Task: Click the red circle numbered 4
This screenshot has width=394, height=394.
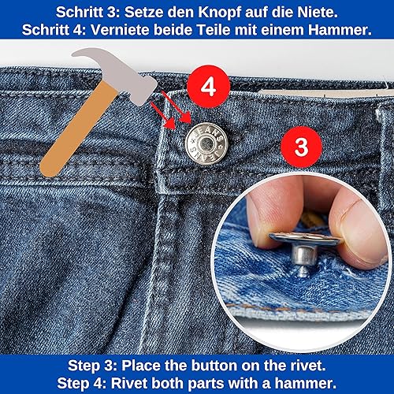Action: click(208, 87)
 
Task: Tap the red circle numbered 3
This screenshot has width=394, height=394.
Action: click(301, 147)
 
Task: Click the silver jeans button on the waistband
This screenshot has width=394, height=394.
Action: click(206, 143)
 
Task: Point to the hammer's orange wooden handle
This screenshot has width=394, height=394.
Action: click(79, 128)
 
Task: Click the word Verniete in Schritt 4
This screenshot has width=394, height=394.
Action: click(121, 30)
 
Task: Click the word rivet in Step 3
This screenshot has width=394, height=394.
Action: click(307, 366)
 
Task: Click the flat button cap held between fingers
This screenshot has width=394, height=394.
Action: click(305, 238)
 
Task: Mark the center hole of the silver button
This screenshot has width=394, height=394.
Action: click(206, 143)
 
